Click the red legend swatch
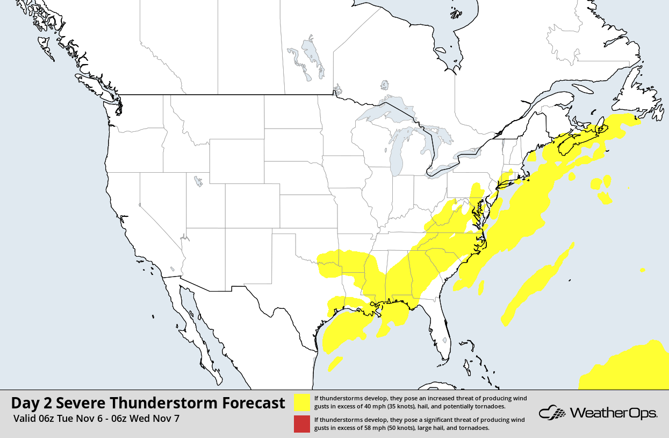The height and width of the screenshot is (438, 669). [302, 424]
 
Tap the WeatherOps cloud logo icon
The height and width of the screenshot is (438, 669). [552, 413]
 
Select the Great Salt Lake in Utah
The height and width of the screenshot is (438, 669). [198, 181]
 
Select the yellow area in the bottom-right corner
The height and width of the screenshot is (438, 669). [629, 369]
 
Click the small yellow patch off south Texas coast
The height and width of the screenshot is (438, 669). [335, 364]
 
